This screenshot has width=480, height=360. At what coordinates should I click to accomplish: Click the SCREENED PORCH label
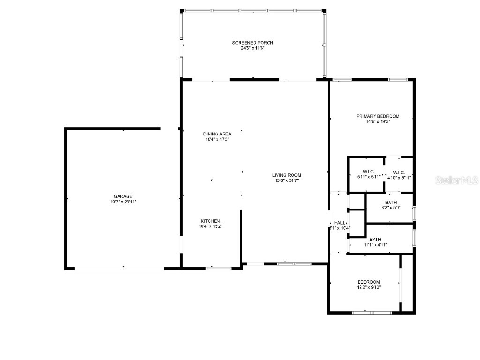point(253,43)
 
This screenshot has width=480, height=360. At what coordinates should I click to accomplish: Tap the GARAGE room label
point(123,196)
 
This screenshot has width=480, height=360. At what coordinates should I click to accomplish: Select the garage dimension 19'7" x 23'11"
point(123,202)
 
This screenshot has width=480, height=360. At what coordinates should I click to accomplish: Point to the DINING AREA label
point(217,134)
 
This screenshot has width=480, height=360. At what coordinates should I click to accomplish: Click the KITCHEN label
point(210,221)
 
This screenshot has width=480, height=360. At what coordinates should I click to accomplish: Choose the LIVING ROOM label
point(287,175)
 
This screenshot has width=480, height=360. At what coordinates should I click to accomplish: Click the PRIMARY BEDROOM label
point(378,116)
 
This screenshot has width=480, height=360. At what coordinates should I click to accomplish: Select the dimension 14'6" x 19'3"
point(378,121)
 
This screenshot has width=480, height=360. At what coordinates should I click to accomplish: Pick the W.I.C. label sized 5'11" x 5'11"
point(368,172)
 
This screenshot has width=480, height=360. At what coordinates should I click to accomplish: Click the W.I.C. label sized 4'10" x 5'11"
point(399,172)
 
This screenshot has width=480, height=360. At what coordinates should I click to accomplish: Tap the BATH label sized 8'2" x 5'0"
point(391,202)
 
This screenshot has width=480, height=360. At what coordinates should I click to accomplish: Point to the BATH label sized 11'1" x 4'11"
point(375,239)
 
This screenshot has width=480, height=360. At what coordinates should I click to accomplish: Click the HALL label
point(339,223)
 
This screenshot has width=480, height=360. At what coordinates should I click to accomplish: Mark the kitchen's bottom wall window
point(218,268)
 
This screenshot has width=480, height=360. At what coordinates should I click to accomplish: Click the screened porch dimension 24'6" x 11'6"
point(253,48)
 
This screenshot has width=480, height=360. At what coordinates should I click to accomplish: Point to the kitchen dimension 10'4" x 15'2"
point(210,226)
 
